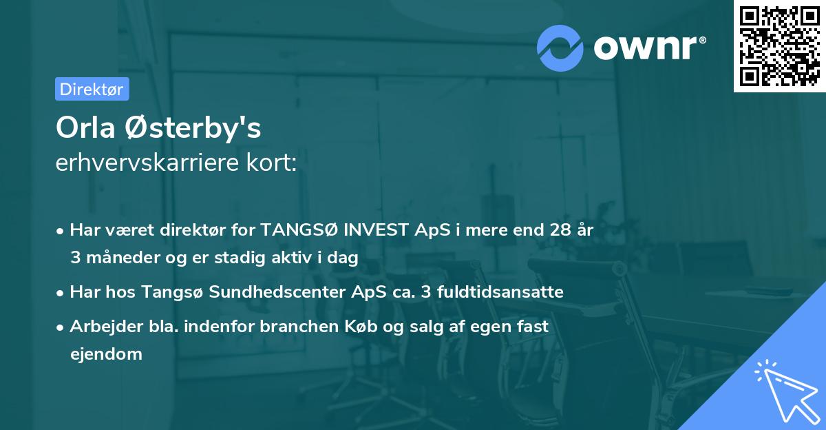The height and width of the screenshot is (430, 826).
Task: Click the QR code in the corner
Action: (779, 45)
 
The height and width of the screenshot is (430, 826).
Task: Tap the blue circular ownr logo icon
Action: (561, 48)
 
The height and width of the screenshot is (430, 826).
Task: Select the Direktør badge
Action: (92, 89)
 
